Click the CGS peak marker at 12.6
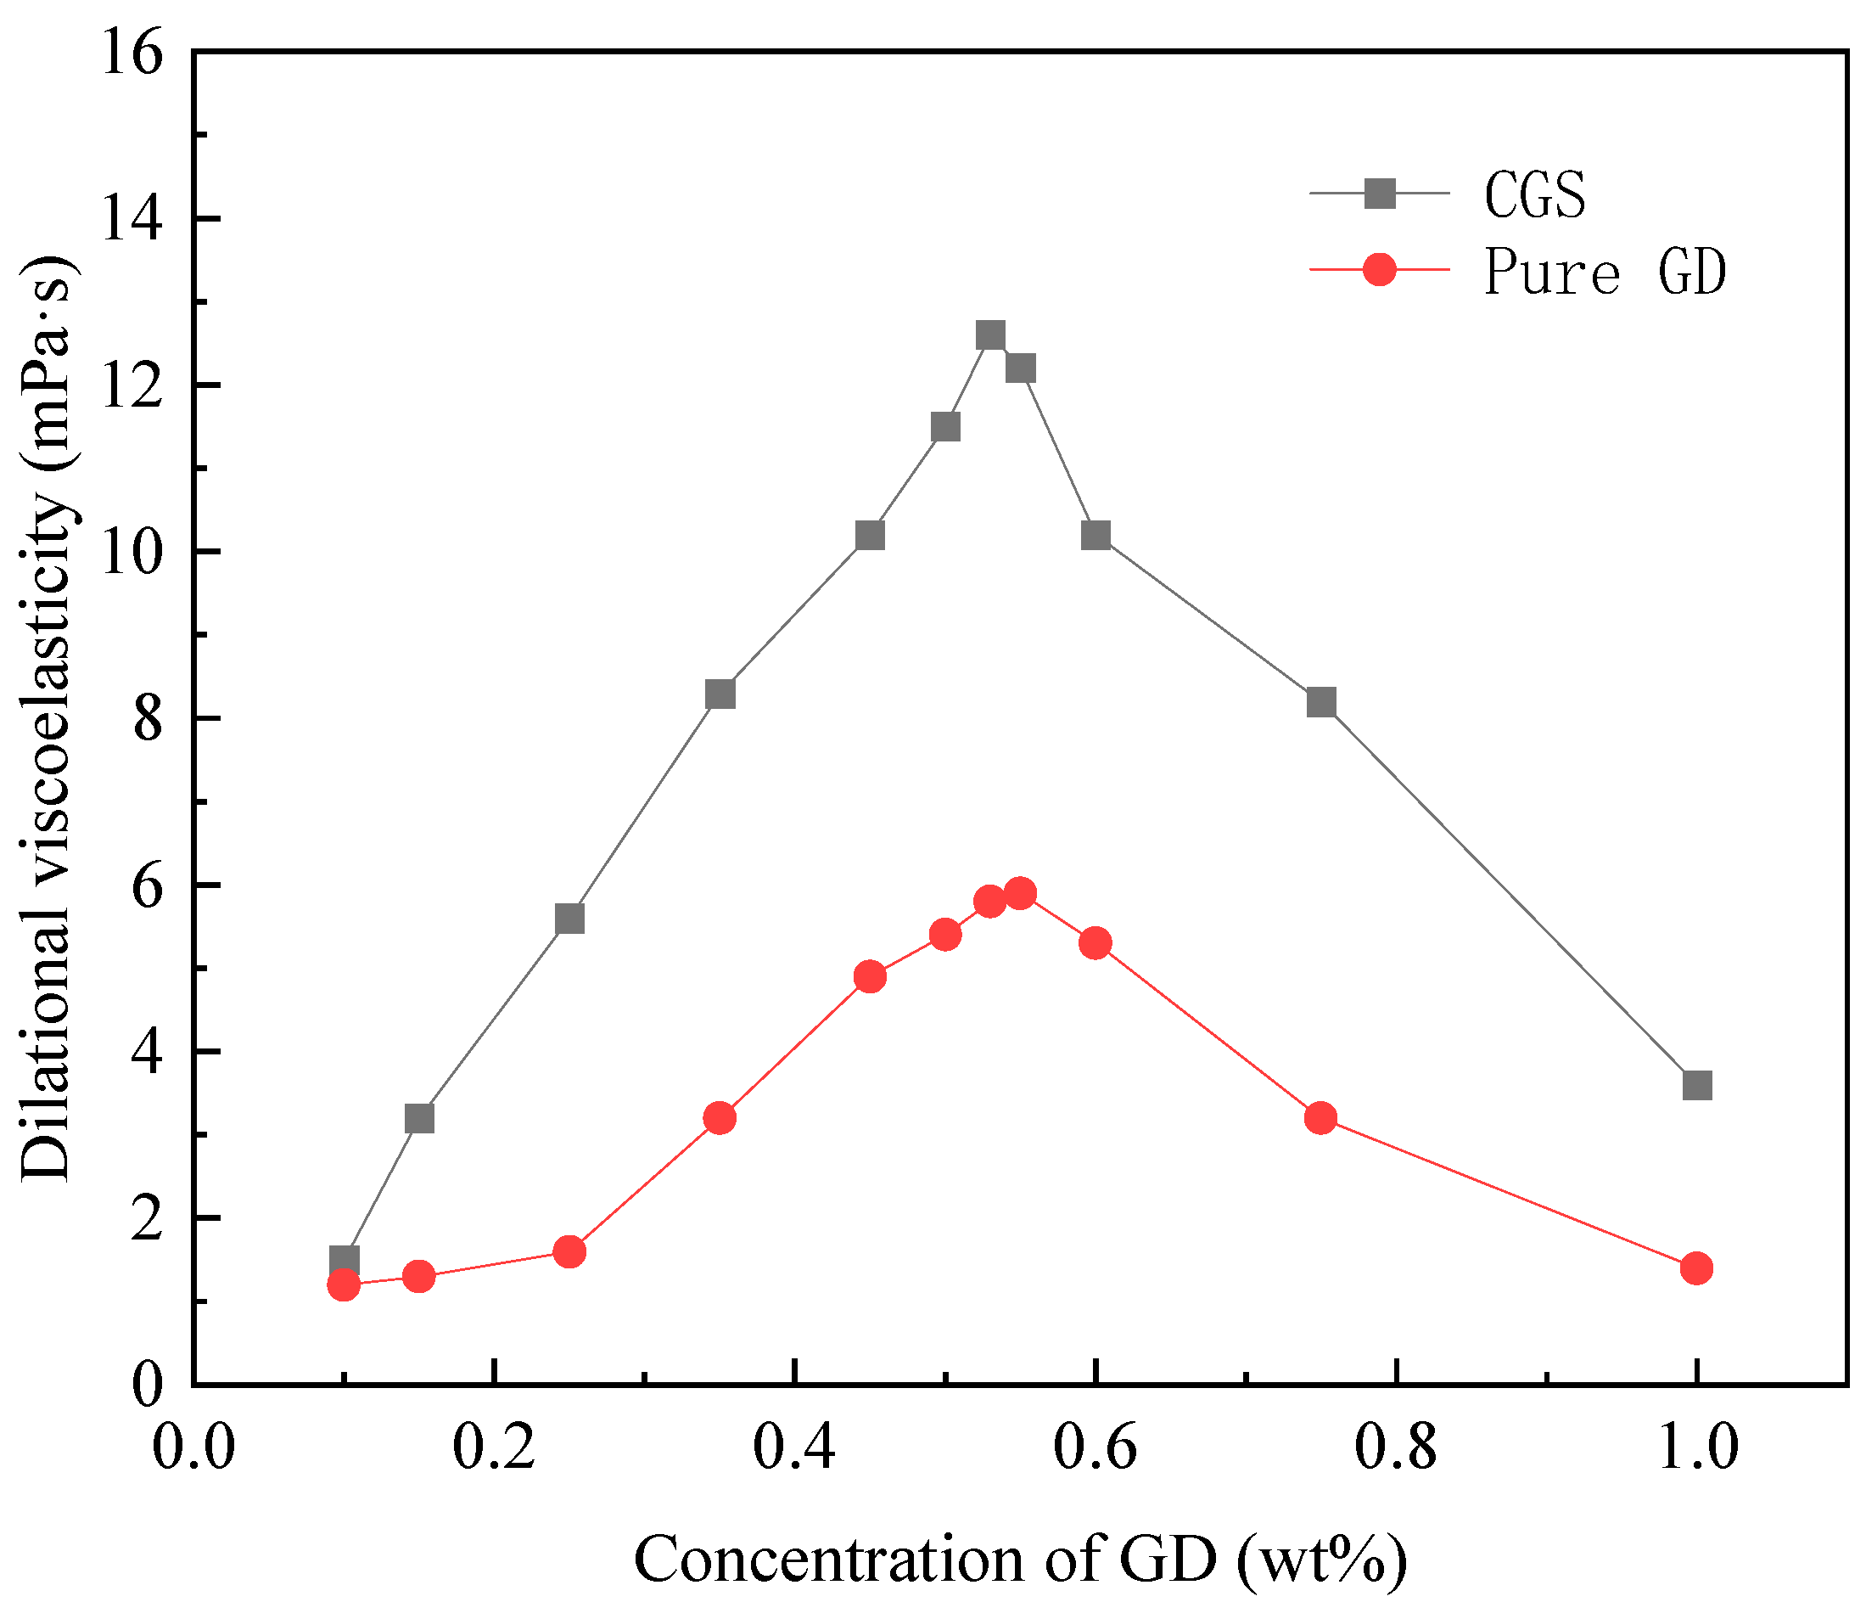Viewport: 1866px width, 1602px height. tap(989, 335)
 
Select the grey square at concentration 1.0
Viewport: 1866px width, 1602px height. tap(1696, 1085)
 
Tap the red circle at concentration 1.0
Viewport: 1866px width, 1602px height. tap(1696, 1268)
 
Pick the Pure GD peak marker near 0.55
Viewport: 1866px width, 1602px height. tap(1020, 893)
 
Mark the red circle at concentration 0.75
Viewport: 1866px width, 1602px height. tap(1321, 1118)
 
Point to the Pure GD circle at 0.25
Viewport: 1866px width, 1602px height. tap(569, 1251)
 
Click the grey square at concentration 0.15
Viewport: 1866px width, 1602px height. tap(420, 1118)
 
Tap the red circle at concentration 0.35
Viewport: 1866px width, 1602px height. tap(720, 1118)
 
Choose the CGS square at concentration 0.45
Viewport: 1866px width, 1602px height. tap(870, 535)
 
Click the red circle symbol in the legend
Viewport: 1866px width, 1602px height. tap(1380, 268)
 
